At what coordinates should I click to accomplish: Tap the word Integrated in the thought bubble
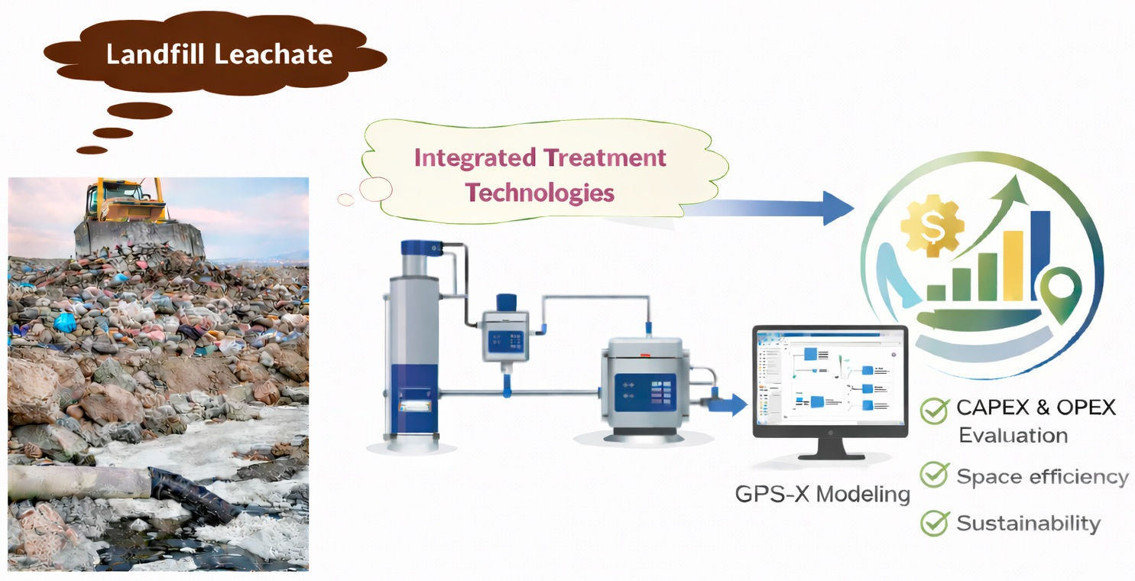click(x=475, y=157)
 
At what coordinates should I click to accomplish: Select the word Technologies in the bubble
click(x=540, y=193)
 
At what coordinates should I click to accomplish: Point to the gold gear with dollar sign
click(x=932, y=226)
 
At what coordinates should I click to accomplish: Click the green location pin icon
click(x=1062, y=295)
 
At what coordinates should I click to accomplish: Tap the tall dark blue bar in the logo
click(x=1039, y=256)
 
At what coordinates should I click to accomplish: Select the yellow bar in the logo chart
click(x=1013, y=266)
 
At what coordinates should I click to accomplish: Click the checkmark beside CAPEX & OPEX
click(x=934, y=411)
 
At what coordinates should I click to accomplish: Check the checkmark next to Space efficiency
click(x=934, y=475)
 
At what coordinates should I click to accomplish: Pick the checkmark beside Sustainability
click(x=934, y=523)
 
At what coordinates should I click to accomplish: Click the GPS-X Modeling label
click(x=822, y=494)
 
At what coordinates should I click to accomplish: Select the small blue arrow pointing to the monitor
click(x=726, y=404)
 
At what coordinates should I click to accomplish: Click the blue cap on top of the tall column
click(x=422, y=248)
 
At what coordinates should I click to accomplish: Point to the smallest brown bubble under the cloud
click(x=92, y=150)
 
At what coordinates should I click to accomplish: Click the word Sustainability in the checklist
click(x=1029, y=523)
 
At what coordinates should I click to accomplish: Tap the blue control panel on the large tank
click(x=645, y=393)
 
